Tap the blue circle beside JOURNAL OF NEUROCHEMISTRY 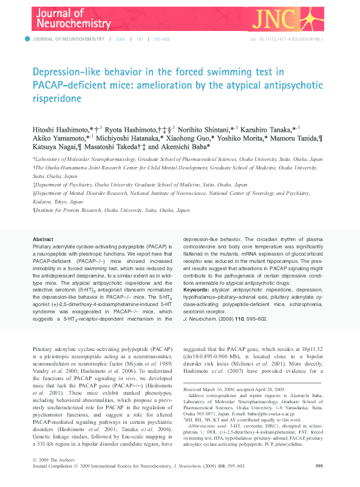pyautogui.click(x=27, y=39)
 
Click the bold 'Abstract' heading pyautogui.click(x=43, y=239)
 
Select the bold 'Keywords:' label pyautogui.click(x=196, y=290)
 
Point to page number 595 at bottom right pyautogui.click(x=319, y=466)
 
